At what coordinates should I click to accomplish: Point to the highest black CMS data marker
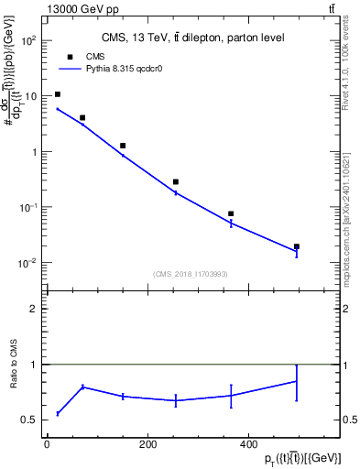58,94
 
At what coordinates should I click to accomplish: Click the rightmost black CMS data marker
297,246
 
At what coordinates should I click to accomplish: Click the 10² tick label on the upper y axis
28,41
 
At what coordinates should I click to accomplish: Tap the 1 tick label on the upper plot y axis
34,152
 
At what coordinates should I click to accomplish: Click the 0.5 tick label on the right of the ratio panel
349,420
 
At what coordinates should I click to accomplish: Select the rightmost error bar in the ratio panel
297,380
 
